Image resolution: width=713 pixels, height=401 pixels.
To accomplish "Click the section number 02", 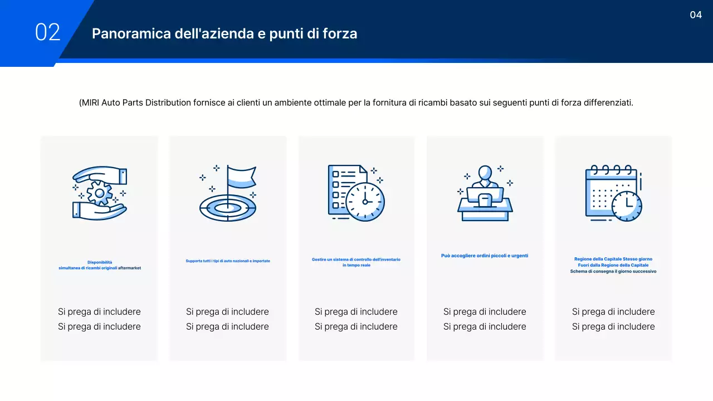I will [x=47, y=32].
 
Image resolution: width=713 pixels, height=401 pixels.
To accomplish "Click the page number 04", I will [x=696, y=15].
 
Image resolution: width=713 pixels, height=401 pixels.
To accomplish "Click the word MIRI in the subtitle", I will [x=90, y=103].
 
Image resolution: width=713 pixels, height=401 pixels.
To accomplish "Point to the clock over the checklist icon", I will [x=365, y=201].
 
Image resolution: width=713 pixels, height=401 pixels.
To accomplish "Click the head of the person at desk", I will [x=485, y=173].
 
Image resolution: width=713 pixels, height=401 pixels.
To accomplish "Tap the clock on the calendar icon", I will [x=627, y=206].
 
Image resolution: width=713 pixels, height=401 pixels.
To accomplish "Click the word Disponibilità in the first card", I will [x=100, y=262].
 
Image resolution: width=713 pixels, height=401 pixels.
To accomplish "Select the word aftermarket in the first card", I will [x=129, y=268].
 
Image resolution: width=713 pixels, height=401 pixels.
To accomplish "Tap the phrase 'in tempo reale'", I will [x=356, y=265].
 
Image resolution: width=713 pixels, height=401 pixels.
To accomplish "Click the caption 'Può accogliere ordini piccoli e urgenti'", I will [x=485, y=256].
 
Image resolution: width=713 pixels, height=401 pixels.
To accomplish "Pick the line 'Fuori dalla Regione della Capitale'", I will [x=613, y=265].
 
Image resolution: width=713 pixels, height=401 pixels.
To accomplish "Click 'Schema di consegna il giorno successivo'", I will [x=613, y=271].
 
